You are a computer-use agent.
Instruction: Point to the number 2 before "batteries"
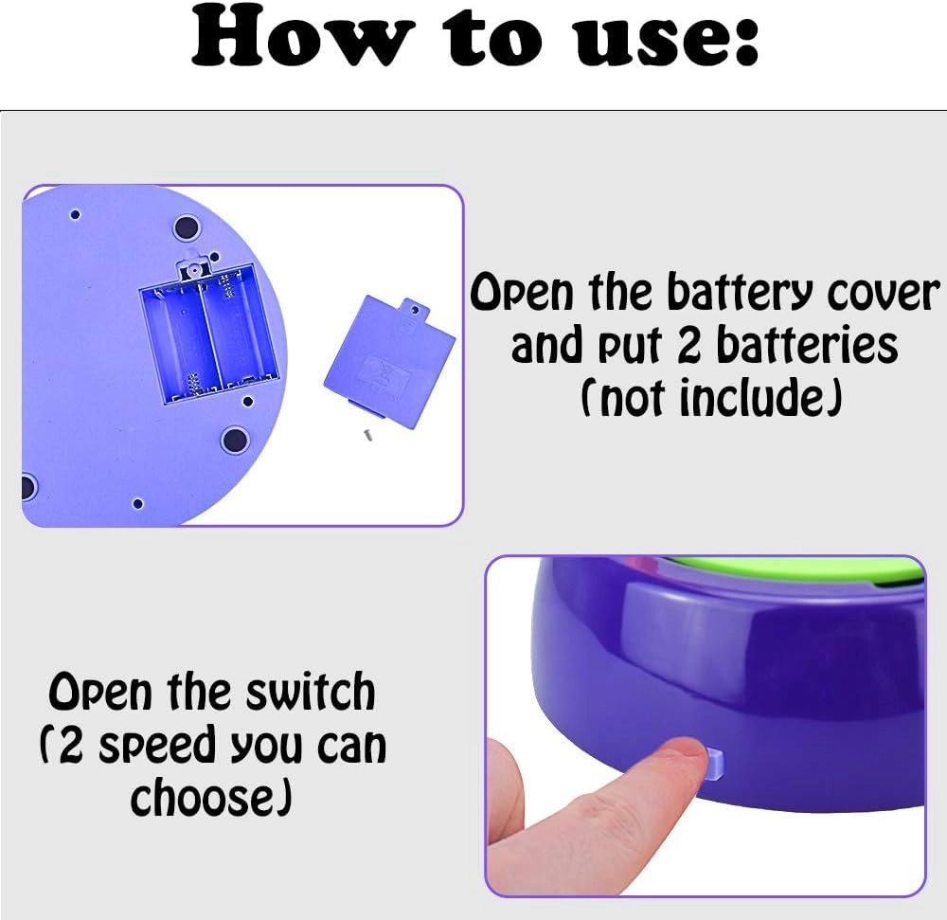[x=689, y=346]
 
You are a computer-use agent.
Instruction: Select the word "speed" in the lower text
[x=157, y=747]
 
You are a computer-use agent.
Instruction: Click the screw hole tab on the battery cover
[x=415, y=309]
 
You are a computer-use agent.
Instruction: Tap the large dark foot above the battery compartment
[x=187, y=227]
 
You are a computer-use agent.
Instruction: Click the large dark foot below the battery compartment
[x=235, y=441]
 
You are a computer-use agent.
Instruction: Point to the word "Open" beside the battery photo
[x=521, y=293]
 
